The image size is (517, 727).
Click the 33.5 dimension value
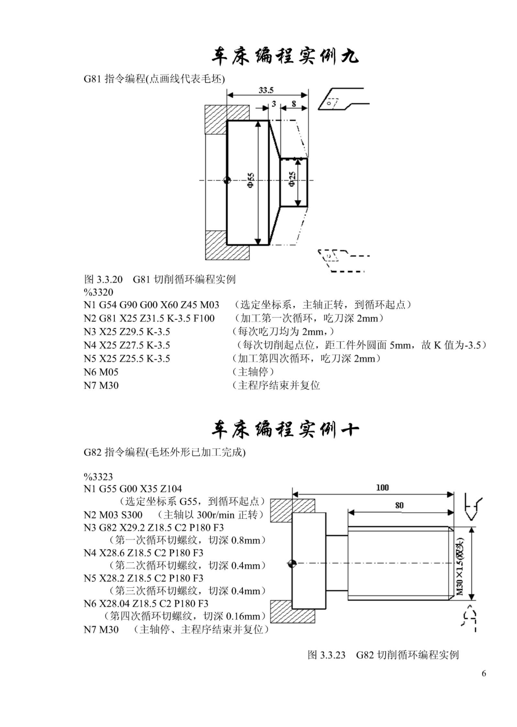(x=266, y=90)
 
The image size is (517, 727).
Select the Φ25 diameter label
(x=292, y=179)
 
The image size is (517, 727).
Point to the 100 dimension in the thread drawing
(x=382, y=487)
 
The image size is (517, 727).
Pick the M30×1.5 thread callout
(x=460, y=566)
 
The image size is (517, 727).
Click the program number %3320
(x=98, y=292)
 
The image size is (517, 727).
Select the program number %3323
(x=98, y=476)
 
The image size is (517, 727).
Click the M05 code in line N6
(x=109, y=372)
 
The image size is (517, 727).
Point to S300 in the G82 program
(x=132, y=515)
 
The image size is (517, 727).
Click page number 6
(x=484, y=673)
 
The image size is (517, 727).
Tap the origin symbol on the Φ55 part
(x=227, y=180)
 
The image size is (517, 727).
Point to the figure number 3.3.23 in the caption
(x=333, y=655)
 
